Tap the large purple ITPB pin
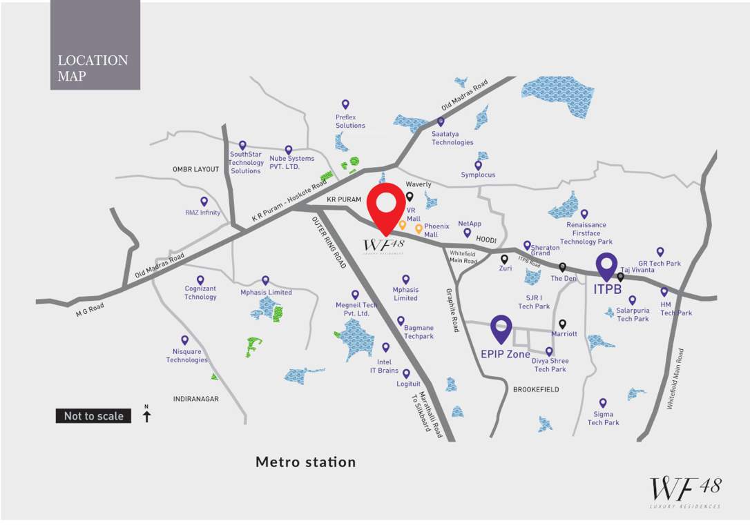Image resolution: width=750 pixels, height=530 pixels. (606, 268)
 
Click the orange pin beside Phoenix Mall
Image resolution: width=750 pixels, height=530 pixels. (419, 228)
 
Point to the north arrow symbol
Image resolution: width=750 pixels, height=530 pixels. (146, 413)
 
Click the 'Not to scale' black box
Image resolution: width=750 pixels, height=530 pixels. (93, 416)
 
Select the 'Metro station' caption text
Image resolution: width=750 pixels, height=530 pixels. (305, 462)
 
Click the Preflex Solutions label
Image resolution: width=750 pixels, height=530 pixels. (350, 121)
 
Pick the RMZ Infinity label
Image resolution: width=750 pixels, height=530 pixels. (202, 213)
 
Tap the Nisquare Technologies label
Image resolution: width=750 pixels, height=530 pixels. (186, 355)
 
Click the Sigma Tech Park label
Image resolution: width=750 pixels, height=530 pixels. (603, 418)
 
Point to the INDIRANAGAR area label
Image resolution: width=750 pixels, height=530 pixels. (196, 399)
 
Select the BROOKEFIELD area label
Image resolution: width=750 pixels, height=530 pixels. (536, 389)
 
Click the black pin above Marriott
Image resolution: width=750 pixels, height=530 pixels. (563, 323)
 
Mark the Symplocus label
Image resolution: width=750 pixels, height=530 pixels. (478, 175)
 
